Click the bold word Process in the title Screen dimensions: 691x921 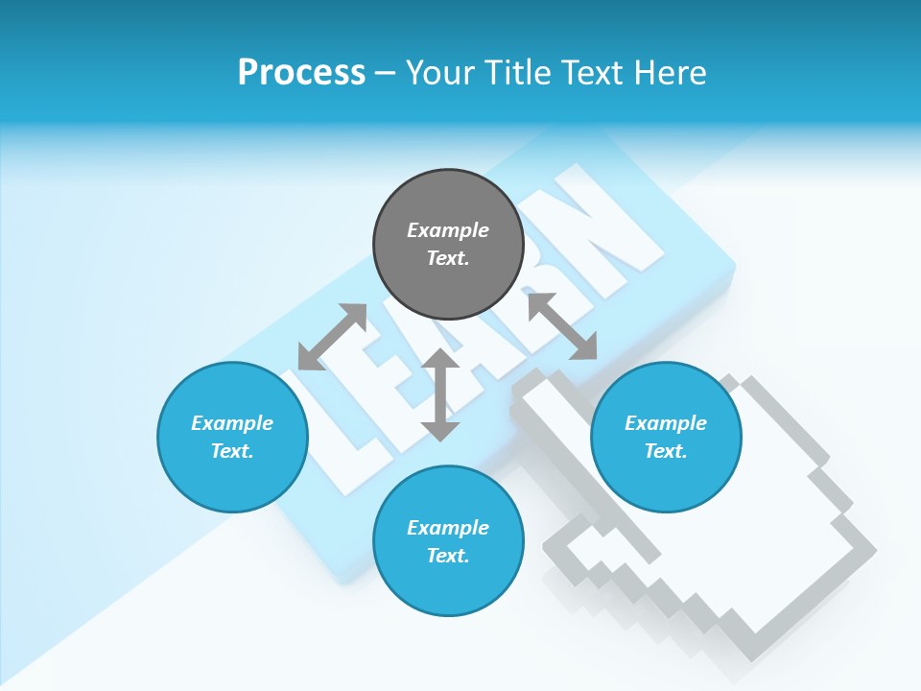click(301, 73)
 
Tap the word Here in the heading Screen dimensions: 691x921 click(669, 73)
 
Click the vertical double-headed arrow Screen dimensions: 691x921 click(440, 394)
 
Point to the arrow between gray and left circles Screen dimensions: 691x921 click(332, 337)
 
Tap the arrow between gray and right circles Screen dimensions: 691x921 click(562, 326)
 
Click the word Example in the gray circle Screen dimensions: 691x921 click(448, 230)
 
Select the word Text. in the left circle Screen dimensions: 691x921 click(232, 451)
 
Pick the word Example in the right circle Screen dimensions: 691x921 click(666, 423)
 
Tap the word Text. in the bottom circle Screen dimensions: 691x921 click(448, 556)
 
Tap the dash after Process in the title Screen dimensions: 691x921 click(386, 73)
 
